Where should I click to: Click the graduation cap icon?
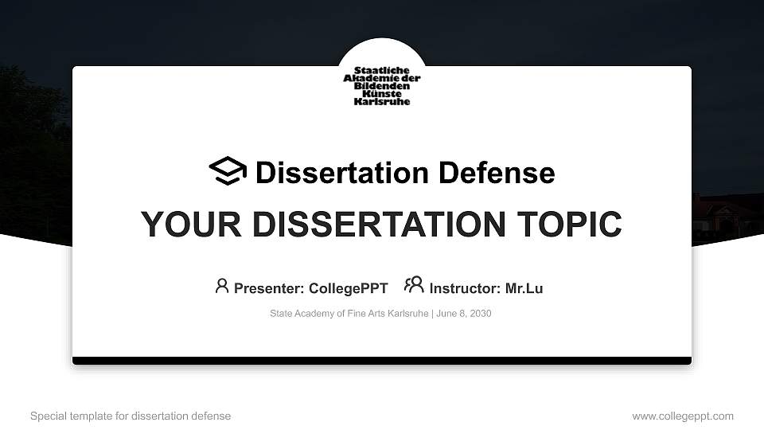pyautogui.click(x=228, y=171)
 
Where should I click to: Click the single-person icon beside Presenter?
pyautogui.click(x=222, y=286)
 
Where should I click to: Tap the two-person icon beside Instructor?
pyautogui.click(x=414, y=285)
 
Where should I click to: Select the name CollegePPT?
pyautogui.click(x=348, y=288)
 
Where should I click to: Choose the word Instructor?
pyautogui.click(x=466, y=288)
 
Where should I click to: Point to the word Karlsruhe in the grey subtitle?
pyautogui.click(x=408, y=314)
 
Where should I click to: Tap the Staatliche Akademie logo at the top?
pyautogui.click(x=382, y=86)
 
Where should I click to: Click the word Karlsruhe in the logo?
pyautogui.click(x=382, y=102)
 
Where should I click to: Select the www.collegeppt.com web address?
pyautogui.click(x=683, y=416)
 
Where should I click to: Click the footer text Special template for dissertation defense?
pyautogui.click(x=131, y=416)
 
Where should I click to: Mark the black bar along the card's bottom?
pyautogui.click(x=382, y=361)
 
